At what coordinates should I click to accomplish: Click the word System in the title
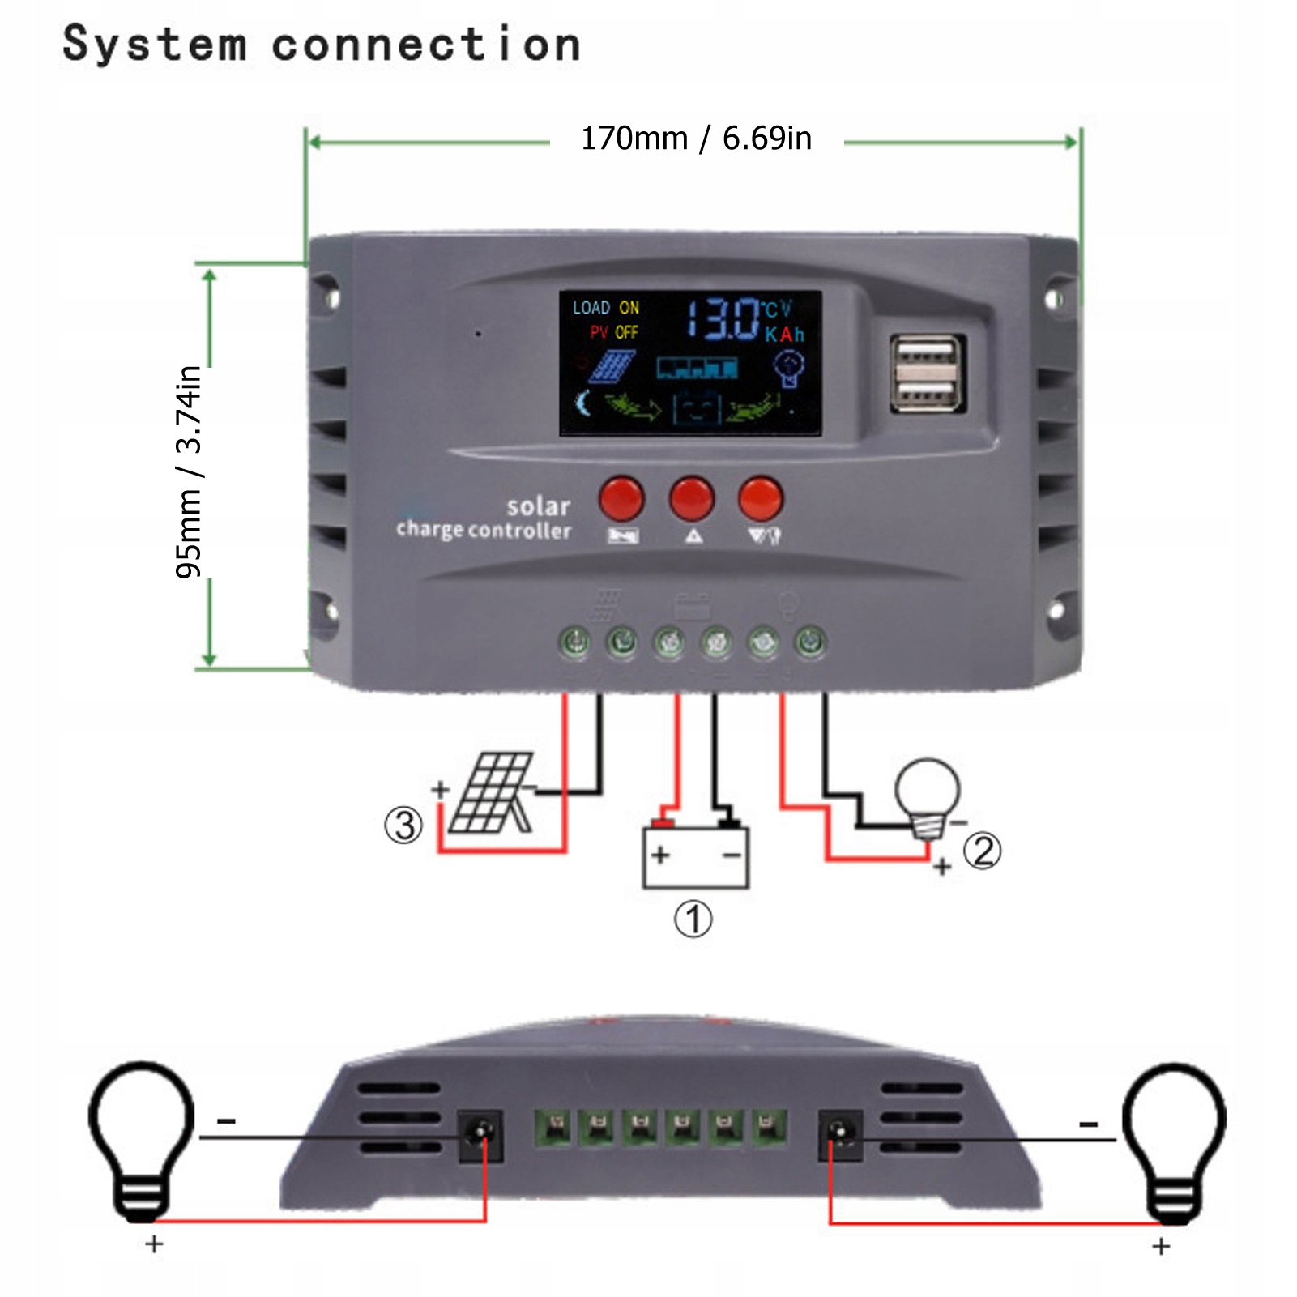point(154,44)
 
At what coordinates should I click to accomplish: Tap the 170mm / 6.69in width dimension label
point(696,139)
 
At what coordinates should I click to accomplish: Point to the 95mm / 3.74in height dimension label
point(189,471)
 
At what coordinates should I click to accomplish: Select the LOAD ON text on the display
point(605,308)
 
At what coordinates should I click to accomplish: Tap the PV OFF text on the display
point(614,332)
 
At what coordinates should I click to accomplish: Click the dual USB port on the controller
point(928,373)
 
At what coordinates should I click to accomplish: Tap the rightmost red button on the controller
point(760,498)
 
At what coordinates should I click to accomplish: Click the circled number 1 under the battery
point(693,919)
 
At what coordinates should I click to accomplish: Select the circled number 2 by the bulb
point(983,851)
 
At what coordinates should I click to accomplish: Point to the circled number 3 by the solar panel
point(403,826)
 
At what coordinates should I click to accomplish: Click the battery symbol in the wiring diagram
point(695,855)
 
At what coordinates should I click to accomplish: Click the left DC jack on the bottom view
point(480,1136)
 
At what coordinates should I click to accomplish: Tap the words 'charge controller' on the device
point(483,530)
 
